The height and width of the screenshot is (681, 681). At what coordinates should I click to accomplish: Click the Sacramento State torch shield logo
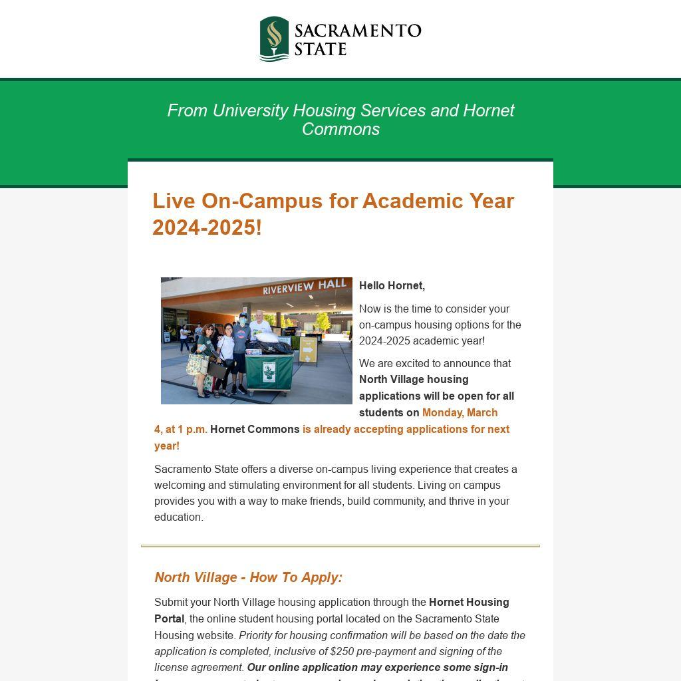point(274,39)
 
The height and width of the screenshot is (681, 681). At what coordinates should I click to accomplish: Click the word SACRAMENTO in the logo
point(358,31)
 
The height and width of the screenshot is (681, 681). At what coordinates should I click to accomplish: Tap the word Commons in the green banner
point(340,129)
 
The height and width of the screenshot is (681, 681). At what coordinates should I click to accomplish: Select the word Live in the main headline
point(174,201)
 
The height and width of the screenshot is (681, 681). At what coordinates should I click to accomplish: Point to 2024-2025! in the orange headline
point(207,227)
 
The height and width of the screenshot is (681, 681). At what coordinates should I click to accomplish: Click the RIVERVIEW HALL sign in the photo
point(305,287)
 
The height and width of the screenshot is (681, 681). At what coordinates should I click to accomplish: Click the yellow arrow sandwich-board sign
point(308,349)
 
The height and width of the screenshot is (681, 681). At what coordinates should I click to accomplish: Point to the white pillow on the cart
point(274,339)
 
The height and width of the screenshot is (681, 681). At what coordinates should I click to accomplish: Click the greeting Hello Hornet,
point(392,285)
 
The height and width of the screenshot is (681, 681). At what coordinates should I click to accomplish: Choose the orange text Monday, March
point(460,412)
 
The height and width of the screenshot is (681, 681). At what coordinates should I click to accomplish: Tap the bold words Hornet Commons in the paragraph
point(255,429)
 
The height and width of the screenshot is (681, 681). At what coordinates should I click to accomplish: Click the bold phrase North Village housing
point(414,379)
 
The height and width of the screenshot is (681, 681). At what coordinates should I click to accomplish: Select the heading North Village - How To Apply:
point(248,577)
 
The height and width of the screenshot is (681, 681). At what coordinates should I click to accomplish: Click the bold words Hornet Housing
point(469,602)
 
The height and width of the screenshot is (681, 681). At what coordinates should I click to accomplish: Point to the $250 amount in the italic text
point(342,651)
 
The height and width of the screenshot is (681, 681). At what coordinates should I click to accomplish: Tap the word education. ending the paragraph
point(178,517)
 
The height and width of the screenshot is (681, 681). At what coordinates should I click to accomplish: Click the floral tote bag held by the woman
point(197,364)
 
